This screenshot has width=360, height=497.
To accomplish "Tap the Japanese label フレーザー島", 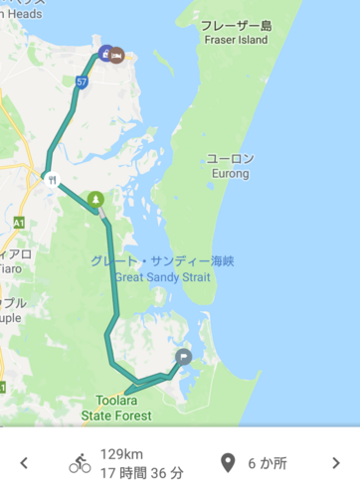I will point(236,25).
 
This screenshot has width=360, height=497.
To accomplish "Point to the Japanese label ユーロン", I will point(230,158).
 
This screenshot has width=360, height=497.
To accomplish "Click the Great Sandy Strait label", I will point(162,277).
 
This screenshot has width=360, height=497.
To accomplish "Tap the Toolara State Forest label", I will point(116,408).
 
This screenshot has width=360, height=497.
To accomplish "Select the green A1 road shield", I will point(18,224).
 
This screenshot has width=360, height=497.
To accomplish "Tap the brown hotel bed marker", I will point(118,54).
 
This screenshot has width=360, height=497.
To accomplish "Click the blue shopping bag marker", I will point(105,54).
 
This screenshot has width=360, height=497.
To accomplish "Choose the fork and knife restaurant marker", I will point(48,179).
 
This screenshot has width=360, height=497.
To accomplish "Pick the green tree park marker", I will point(94,199).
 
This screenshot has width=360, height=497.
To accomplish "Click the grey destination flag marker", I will point(183,356).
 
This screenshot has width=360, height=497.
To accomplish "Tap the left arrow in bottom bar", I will point(24,463).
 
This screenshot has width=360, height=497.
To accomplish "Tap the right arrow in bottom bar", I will point(335,463).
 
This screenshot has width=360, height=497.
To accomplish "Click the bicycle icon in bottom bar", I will point(80,463).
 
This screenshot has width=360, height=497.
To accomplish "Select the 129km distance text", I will point(118,453).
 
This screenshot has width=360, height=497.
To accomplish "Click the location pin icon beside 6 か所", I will point(228,463).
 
